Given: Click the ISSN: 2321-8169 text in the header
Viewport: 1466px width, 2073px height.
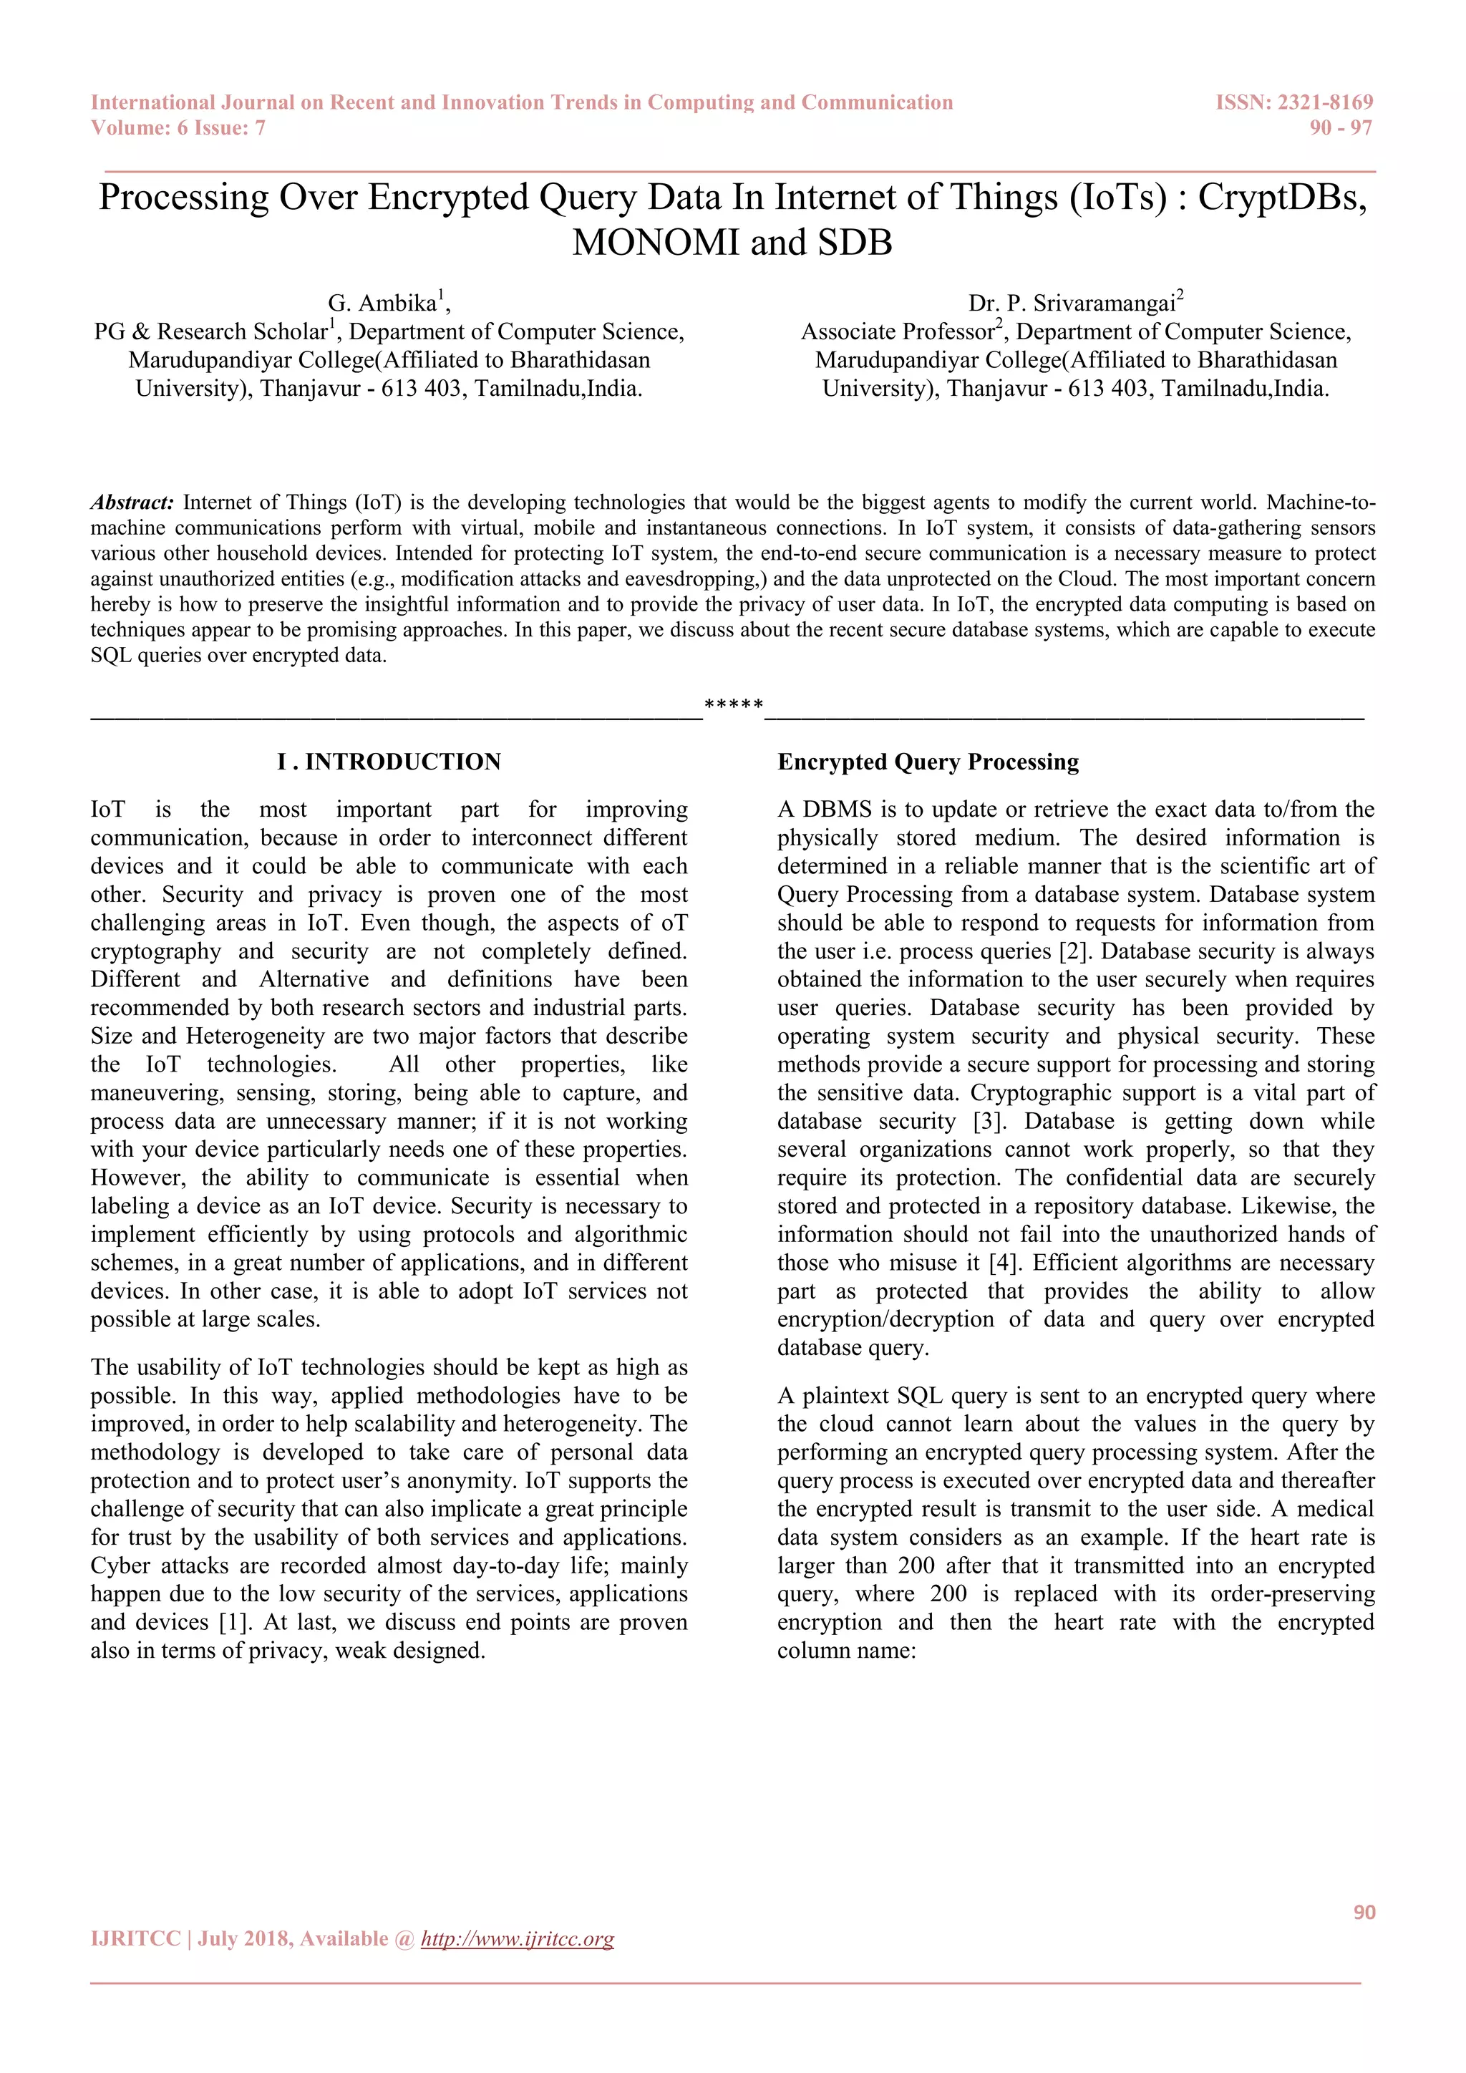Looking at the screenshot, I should [1293, 102].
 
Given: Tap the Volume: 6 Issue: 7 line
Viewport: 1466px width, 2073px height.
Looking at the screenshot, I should [178, 128].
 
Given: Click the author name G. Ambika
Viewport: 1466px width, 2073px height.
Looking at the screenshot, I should [382, 304].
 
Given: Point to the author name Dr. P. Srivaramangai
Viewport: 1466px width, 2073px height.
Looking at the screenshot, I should [1071, 304].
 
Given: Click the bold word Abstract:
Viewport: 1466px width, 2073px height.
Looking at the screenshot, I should [132, 503].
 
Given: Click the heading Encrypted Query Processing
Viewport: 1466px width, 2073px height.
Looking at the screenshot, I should [928, 762].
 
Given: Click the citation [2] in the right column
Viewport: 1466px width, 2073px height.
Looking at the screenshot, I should [1072, 951].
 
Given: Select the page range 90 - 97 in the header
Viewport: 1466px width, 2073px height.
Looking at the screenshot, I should [1341, 128].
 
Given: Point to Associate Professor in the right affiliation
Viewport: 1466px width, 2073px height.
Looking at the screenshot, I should [898, 332].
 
